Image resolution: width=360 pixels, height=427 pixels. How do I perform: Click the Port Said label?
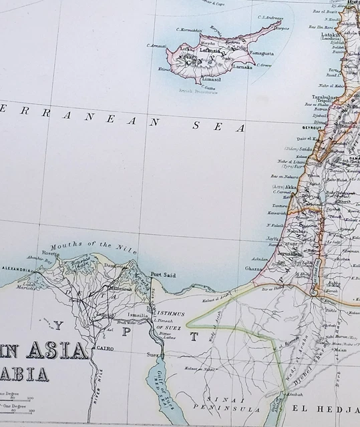[163, 274]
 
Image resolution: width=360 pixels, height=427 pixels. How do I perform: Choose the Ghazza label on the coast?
[255, 268]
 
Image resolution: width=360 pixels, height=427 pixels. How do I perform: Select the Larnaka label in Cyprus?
[242, 67]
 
